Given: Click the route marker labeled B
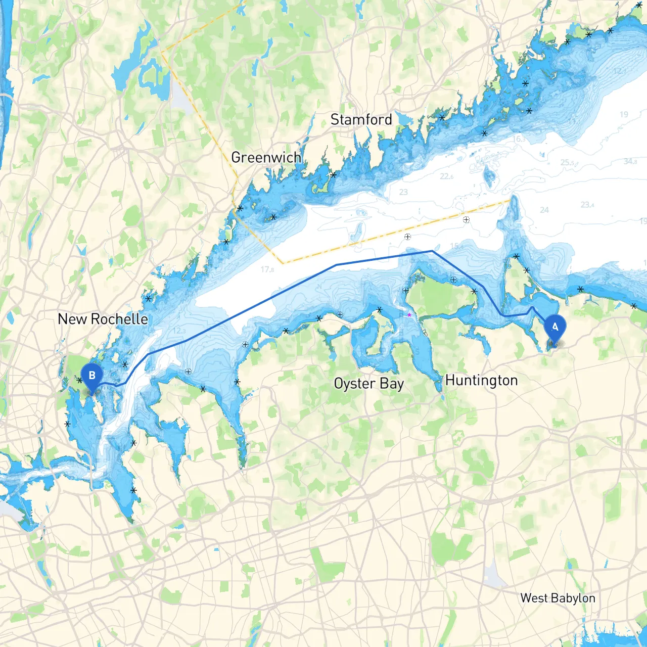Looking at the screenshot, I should tap(91, 377).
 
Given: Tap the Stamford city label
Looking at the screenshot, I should tap(361, 120).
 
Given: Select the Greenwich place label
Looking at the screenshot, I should tap(266, 158).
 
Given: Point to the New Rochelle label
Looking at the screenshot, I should tap(103, 319).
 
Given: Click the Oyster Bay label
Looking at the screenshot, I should tap(368, 384).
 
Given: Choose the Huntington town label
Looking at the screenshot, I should tap(481, 381).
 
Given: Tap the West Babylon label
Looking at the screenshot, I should tap(558, 598).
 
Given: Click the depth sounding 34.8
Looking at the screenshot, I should tap(630, 162).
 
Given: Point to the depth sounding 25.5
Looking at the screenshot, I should tap(567, 163).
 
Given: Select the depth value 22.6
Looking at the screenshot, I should tap(446, 176).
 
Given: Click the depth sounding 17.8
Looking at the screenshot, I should tap(267, 269).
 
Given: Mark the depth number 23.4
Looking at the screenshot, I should tap(587, 205).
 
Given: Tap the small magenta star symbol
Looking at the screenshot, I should tap(409, 315).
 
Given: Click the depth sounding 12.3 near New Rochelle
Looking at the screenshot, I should tap(179, 331).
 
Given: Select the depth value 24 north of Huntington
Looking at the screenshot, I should tap(544, 210).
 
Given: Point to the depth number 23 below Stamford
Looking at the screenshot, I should tap(403, 192).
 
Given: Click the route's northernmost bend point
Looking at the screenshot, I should tap(432, 251).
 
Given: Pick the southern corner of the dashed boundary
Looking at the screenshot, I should tap(283, 263).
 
